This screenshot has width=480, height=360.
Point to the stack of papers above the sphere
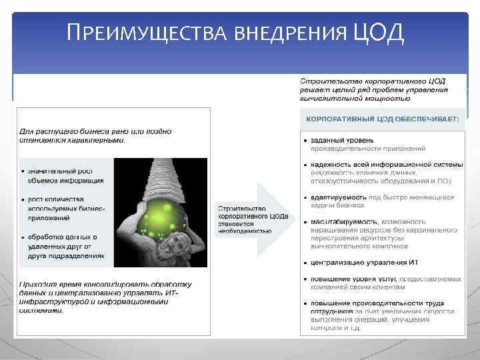(161, 177)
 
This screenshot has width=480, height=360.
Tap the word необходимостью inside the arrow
(245, 231)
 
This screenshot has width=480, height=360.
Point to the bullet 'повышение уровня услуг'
(373, 282)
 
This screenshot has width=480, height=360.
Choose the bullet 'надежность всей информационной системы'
(380, 172)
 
